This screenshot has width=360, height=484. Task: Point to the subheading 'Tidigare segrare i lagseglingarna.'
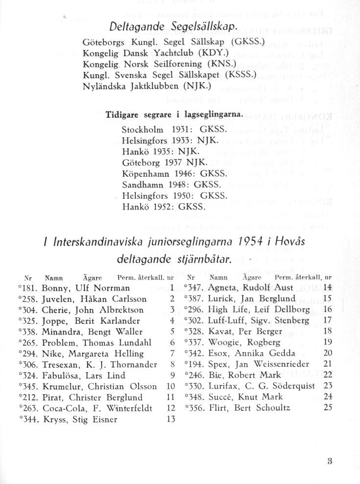174,114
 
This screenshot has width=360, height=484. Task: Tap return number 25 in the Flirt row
327,407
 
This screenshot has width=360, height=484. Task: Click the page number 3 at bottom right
330,460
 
